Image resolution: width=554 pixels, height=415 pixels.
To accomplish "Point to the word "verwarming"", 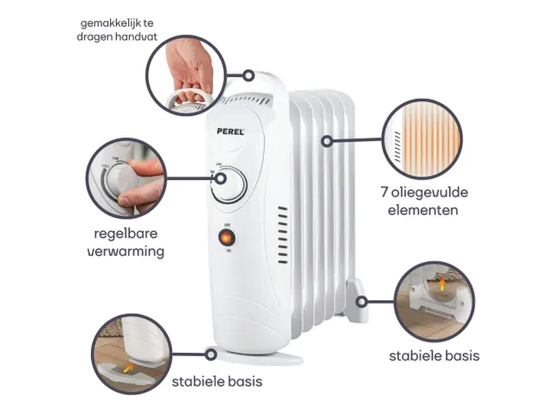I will point(130,252).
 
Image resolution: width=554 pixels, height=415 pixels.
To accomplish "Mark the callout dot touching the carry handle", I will point(248,75).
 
